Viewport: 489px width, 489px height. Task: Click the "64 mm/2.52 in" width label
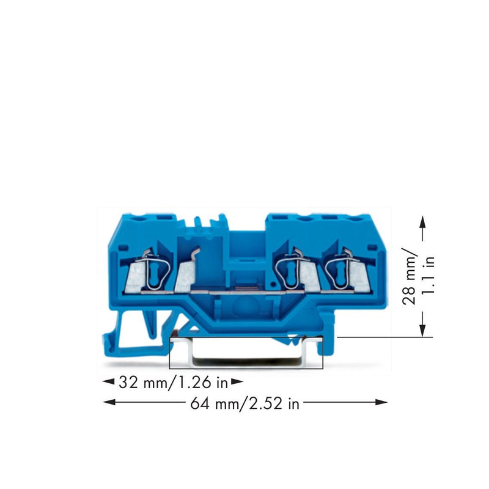click(x=245, y=403)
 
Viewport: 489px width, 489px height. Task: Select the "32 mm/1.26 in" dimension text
click(x=174, y=383)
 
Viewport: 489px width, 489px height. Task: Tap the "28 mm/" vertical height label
click(x=409, y=276)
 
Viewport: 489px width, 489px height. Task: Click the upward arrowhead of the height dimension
click(x=422, y=222)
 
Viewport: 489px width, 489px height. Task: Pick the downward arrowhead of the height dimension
click(x=422, y=330)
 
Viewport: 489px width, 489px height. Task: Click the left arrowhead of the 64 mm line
click(x=109, y=402)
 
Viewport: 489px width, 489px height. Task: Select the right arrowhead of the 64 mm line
click(x=381, y=402)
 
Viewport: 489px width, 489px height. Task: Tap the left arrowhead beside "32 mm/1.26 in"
click(x=109, y=381)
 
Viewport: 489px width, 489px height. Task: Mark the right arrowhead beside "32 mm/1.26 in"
click(x=237, y=381)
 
